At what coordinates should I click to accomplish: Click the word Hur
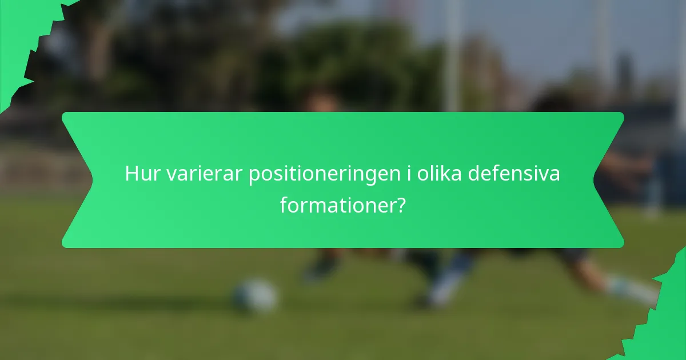click(143, 174)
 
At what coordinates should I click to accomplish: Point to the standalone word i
click(409, 174)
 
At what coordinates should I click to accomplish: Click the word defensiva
click(514, 174)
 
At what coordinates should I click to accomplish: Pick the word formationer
click(336, 205)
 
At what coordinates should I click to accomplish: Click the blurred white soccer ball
click(256, 296)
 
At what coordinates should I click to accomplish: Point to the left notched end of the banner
click(77, 180)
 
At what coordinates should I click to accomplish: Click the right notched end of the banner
click(609, 180)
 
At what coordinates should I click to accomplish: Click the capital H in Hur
click(131, 174)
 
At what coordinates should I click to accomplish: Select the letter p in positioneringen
click(254, 176)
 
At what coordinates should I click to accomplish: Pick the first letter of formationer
click(284, 204)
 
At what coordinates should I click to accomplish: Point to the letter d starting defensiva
click(474, 174)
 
